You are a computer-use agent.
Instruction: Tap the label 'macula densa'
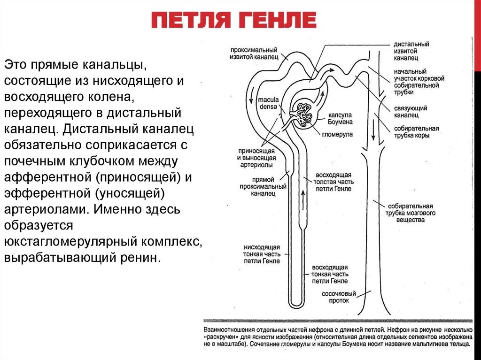(269, 103)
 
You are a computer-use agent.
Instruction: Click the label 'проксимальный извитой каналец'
(254, 53)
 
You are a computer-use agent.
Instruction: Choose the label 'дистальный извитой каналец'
(411, 51)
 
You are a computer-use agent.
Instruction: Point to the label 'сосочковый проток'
(339, 297)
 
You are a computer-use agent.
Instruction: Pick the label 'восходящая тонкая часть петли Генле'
(329, 274)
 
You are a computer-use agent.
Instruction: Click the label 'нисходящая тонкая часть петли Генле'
(262, 253)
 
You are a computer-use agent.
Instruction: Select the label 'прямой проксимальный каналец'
(269, 186)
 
